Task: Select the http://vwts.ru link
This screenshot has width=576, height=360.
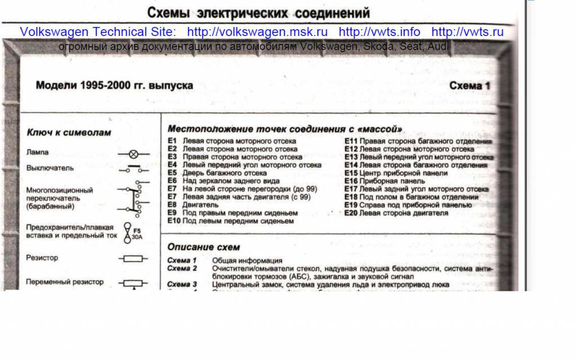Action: click(x=467, y=32)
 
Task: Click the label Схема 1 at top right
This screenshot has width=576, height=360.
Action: click(x=470, y=86)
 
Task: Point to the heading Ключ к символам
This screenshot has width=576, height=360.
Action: click(x=69, y=132)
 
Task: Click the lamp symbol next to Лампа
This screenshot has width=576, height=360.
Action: click(x=133, y=153)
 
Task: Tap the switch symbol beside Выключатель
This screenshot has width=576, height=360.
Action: click(x=133, y=168)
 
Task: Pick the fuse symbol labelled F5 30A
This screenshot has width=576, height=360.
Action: click(x=128, y=231)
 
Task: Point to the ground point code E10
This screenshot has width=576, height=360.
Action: click(x=174, y=221)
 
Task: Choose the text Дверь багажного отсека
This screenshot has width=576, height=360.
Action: click(x=225, y=174)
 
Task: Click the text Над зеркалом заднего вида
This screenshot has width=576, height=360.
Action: click(x=231, y=181)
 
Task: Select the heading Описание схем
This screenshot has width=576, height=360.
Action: click(x=203, y=247)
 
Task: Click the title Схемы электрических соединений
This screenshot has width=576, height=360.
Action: click(x=258, y=12)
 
